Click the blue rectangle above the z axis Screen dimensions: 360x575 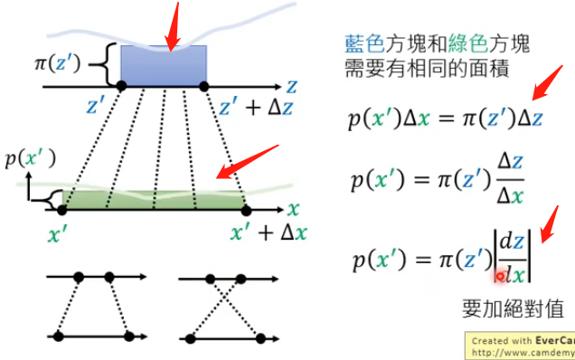point(163,65)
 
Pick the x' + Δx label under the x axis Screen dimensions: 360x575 point(269,233)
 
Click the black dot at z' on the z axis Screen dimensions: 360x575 point(122,86)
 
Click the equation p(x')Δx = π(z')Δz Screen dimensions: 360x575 point(445,118)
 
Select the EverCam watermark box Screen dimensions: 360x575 point(520,345)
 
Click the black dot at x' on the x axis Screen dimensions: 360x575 point(61,209)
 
